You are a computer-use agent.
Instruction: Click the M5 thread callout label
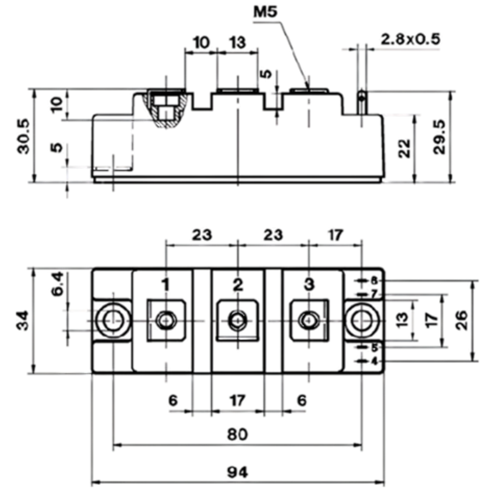265,12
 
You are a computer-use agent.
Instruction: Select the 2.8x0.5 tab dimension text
410,39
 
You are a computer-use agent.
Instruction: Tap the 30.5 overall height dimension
24,137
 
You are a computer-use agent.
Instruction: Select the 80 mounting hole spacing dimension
238,434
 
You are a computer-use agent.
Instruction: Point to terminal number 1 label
166,284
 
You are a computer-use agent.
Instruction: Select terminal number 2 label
238,284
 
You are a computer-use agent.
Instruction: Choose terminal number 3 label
309,284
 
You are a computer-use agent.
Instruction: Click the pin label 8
374,281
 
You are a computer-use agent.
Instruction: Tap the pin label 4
374,362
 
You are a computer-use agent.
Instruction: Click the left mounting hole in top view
113,321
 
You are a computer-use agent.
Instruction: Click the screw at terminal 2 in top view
238,320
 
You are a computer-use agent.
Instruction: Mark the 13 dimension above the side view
238,42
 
